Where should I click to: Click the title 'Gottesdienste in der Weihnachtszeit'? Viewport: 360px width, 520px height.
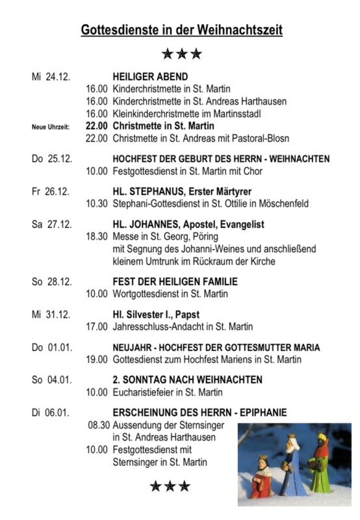click(181, 30)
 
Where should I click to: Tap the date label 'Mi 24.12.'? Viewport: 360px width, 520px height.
click(50, 77)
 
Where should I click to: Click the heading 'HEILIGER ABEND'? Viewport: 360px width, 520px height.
click(150, 77)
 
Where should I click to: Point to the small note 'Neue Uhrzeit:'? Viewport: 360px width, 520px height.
click(50, 127)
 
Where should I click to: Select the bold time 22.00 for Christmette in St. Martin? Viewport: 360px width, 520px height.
click(97, 126)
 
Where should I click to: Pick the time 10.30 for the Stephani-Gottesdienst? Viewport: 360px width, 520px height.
click(97, 204)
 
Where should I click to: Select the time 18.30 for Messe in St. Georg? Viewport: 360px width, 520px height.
click(97, 237)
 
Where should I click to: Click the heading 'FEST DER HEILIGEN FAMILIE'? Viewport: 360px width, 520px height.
click(175, 281)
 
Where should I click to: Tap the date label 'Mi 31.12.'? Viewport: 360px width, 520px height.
click(50, 314)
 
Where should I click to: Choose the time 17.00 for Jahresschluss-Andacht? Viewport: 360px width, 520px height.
click(97, 326)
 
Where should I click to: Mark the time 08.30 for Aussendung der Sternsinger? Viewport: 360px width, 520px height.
click(97, 425)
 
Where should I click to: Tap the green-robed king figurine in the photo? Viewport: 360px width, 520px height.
click(320, 465)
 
